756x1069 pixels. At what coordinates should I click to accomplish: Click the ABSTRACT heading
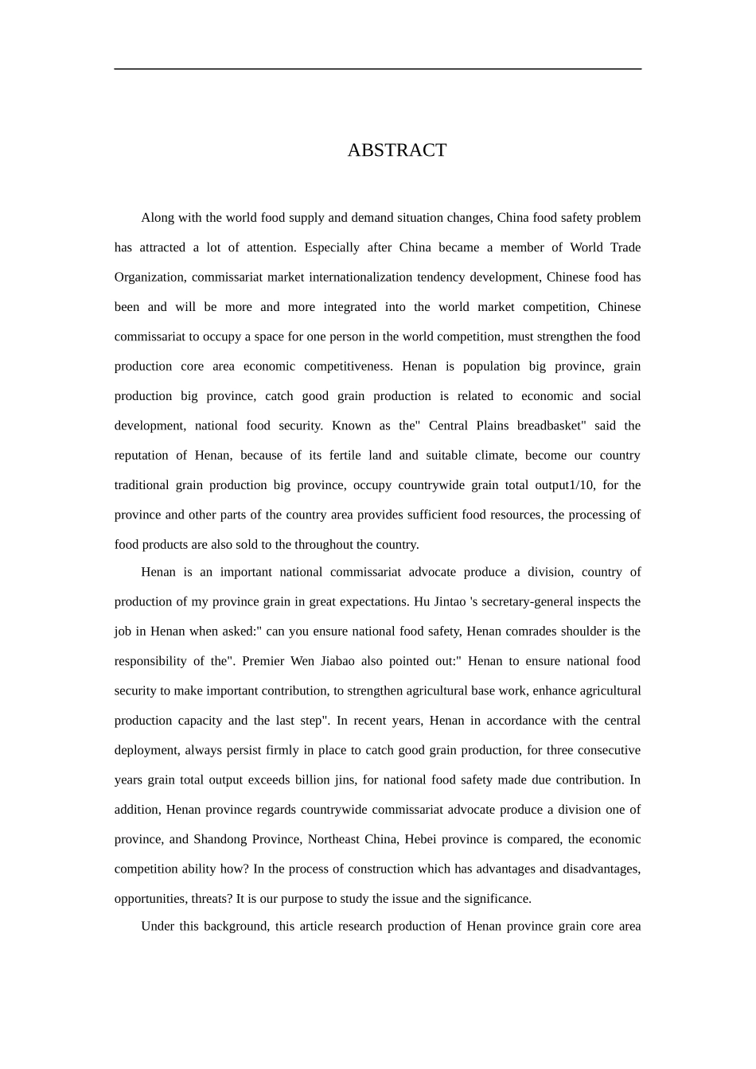point(396,150)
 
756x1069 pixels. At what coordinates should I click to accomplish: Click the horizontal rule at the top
point(377,69)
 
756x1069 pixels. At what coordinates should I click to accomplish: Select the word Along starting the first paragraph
point(157,218)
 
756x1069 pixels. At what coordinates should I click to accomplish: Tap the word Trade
point(625,247)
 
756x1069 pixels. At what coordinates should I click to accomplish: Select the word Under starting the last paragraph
point(158,927)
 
